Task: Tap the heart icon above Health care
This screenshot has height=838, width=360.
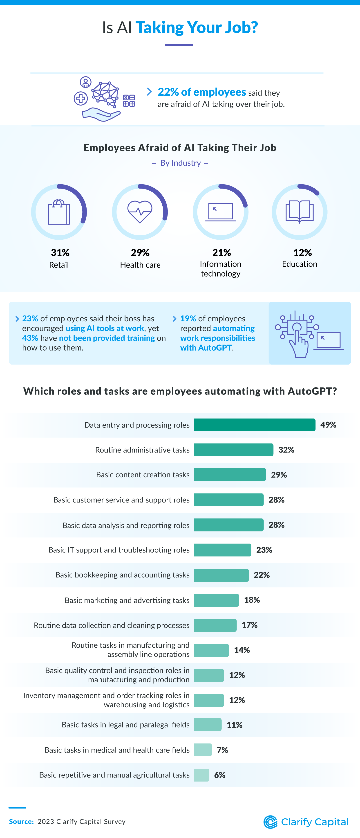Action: point(140,212)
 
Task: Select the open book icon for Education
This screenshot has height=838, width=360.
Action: point(299,212)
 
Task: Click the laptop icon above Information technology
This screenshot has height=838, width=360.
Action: point(221,212)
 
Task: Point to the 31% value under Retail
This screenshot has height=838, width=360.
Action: point(60,252)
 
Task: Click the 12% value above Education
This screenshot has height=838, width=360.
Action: point(302,252)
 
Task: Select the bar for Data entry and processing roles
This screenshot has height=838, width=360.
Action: point(254,425)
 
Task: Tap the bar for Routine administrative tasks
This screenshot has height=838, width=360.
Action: point(233,450)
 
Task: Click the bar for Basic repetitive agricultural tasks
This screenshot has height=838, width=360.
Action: point(201,775)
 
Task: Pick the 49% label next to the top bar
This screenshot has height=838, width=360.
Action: point(328,425)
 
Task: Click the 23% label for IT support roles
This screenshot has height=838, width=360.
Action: point(264,550)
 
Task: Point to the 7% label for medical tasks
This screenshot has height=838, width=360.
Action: point(222,750)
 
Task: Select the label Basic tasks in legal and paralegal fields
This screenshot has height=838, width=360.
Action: point(125,725)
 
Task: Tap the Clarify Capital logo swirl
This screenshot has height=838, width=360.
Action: point(270,822)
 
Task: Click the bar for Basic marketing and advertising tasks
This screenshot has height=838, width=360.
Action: point(216,600)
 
